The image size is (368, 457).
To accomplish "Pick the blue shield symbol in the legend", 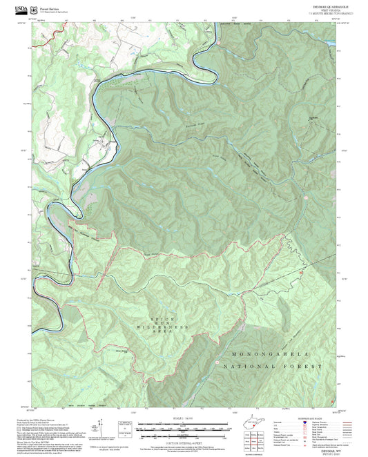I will (304, 422).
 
